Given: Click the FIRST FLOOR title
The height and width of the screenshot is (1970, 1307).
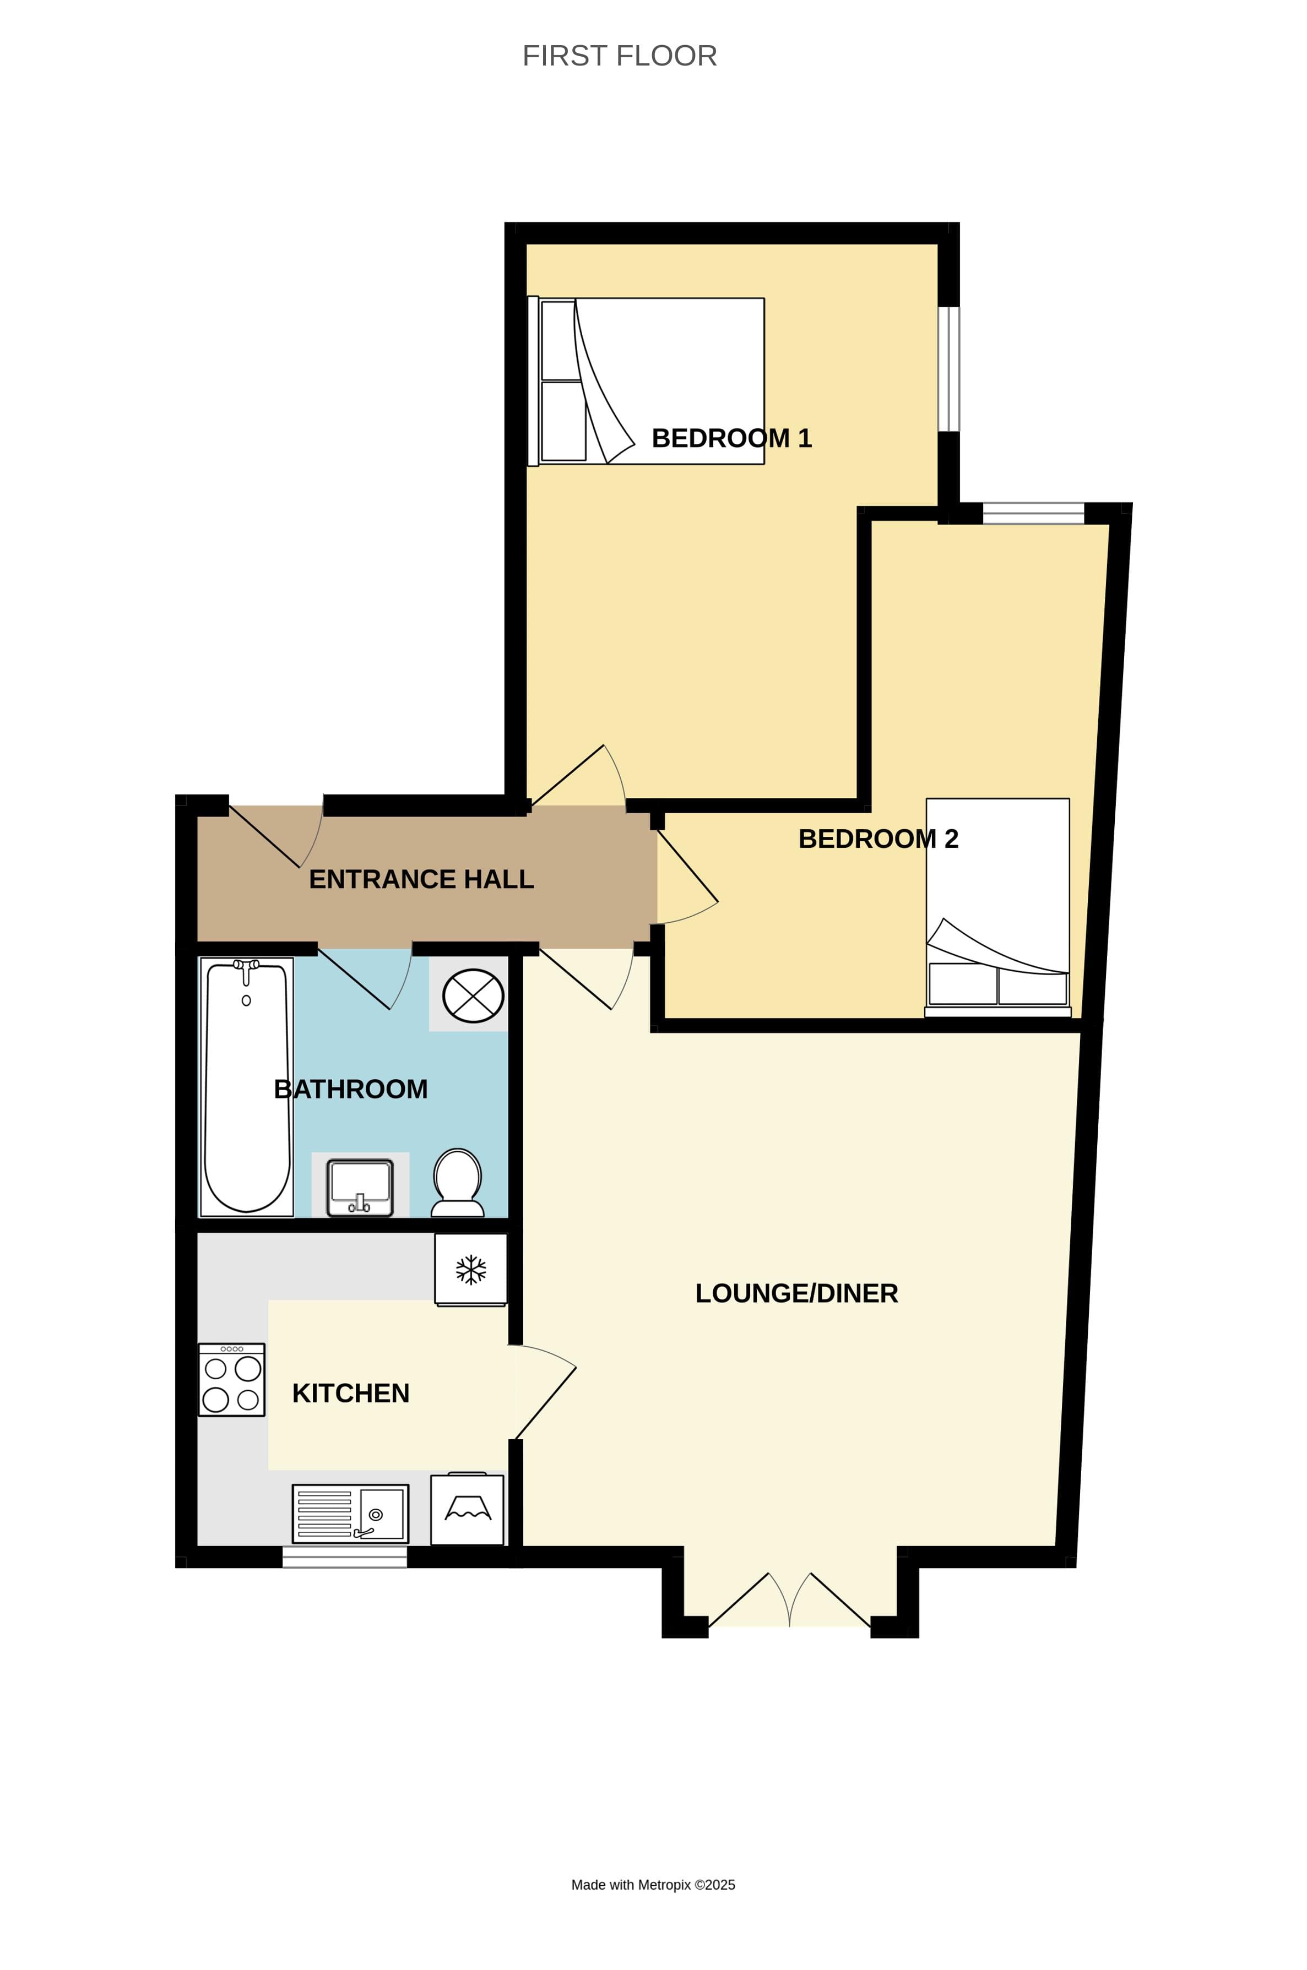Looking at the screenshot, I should pos(619,56).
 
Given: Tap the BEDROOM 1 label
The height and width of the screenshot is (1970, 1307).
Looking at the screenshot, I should pos(731,438).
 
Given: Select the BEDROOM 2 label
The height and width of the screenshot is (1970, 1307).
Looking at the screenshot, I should pos(878,839).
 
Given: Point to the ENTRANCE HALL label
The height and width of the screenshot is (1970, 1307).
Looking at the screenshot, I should pos(421,879).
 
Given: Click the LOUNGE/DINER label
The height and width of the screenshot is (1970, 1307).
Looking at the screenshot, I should pos(796,1293).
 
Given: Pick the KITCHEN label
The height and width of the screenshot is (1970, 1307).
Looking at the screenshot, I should pos(350,1394).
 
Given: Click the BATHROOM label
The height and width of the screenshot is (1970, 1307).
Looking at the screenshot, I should pos(350,1089).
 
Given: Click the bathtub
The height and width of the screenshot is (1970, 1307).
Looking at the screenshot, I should pos(247,1087).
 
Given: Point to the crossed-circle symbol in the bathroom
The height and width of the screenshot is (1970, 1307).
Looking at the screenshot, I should pos(473,996).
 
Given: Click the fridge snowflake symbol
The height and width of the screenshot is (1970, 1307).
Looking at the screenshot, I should pos(471,1269).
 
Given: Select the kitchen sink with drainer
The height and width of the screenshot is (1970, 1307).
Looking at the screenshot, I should pos(350,1514).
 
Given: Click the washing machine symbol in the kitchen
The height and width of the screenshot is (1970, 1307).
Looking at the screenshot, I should pos(467,1510).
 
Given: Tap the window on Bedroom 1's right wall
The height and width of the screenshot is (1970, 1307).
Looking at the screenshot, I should pos(948,369).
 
